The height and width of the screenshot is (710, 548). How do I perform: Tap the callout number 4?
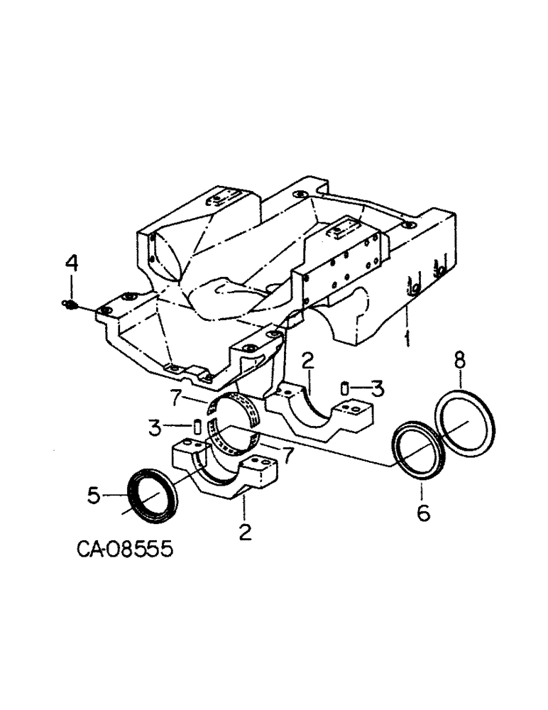[x=72, y=265]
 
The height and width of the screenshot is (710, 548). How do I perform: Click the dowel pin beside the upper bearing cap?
[x=343, y=388]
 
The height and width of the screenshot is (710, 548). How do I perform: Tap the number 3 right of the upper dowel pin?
[x=378, y=388]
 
